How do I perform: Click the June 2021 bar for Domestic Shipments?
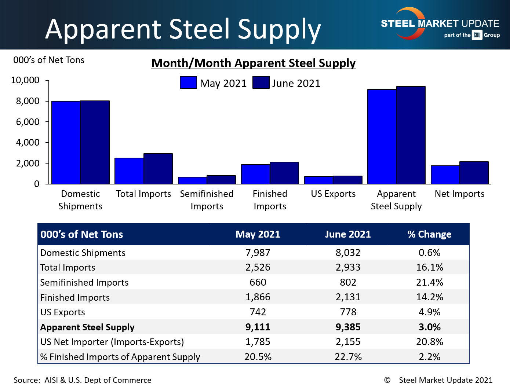pos(95,142)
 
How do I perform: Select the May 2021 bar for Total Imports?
pos(129,171)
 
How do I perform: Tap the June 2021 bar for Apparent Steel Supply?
pos(411,135)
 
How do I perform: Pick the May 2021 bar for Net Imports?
pos(445,175)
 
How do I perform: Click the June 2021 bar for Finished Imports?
pos(284,173)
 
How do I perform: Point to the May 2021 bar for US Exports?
pos(318,180)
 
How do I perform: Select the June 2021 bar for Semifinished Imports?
pos(221,180)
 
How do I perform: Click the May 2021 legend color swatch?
pos(188,82)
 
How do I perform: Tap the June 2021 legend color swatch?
pos(261,82)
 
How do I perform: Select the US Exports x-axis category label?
pos(333,194)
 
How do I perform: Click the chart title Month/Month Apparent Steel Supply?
pos(254,63)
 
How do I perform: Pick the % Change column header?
pos(429,234)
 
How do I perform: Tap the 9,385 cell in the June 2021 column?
pos(348,327)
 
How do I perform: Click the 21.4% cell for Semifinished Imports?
pos(429,282)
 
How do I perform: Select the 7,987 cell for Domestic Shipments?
pos(258,253)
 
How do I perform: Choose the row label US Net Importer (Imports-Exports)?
pos(112,342)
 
